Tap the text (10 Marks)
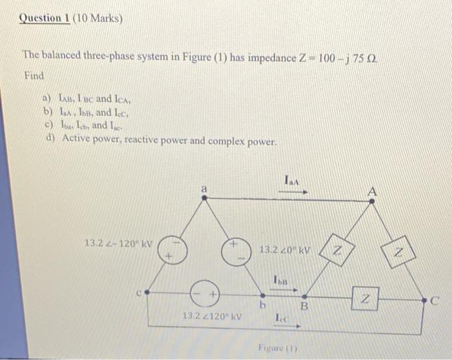(x=96, y=18)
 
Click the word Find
(x=34, y=76)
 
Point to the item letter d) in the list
(x=46, y=139)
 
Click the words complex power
(x=249, y=140)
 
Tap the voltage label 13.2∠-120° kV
(x=119, y=244)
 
